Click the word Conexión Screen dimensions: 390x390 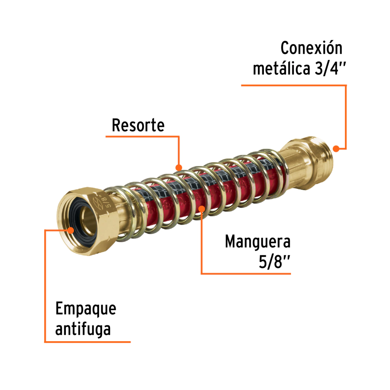tap(311, 49)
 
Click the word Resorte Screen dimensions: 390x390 tap(138, 125)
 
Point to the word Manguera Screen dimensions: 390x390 tap(257, 241)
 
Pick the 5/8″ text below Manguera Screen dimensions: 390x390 tap(275, 262)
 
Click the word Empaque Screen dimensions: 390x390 tap(86, 309)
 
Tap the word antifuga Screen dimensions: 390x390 tap(83, 329)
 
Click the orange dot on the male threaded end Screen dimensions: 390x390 tap(336, 149)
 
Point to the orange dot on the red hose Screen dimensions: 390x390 tap(202, 208)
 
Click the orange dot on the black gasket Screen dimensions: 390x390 tap(71, 230)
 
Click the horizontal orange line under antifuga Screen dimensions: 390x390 tap(88, 342)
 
